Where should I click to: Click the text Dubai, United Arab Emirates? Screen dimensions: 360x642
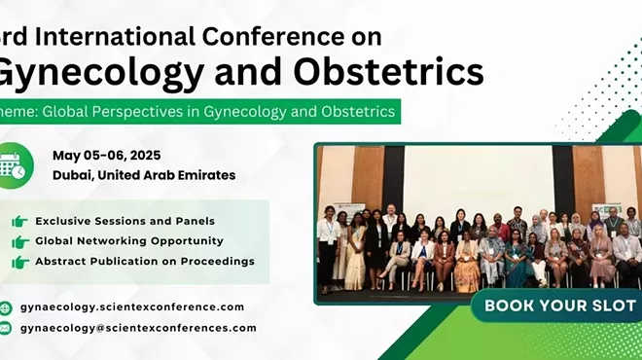click(x=144, y=175)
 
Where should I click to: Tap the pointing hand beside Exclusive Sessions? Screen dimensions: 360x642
click(x=18, y=221)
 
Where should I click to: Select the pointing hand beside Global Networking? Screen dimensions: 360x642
click(x=18, y=241)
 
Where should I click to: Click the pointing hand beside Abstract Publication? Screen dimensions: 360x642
click(x=18, y=262)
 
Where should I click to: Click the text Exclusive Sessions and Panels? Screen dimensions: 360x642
click(x=125, y=221)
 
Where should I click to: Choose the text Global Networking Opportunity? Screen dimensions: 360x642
click(x=128, y=240)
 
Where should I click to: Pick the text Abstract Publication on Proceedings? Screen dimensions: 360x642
click(x=145, y=261)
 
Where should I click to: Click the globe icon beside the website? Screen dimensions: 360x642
click(x=7, y=307)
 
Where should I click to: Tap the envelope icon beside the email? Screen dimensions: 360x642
click(x=7, y=329)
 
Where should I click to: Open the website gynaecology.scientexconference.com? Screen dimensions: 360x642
click(x=136, y=306)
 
